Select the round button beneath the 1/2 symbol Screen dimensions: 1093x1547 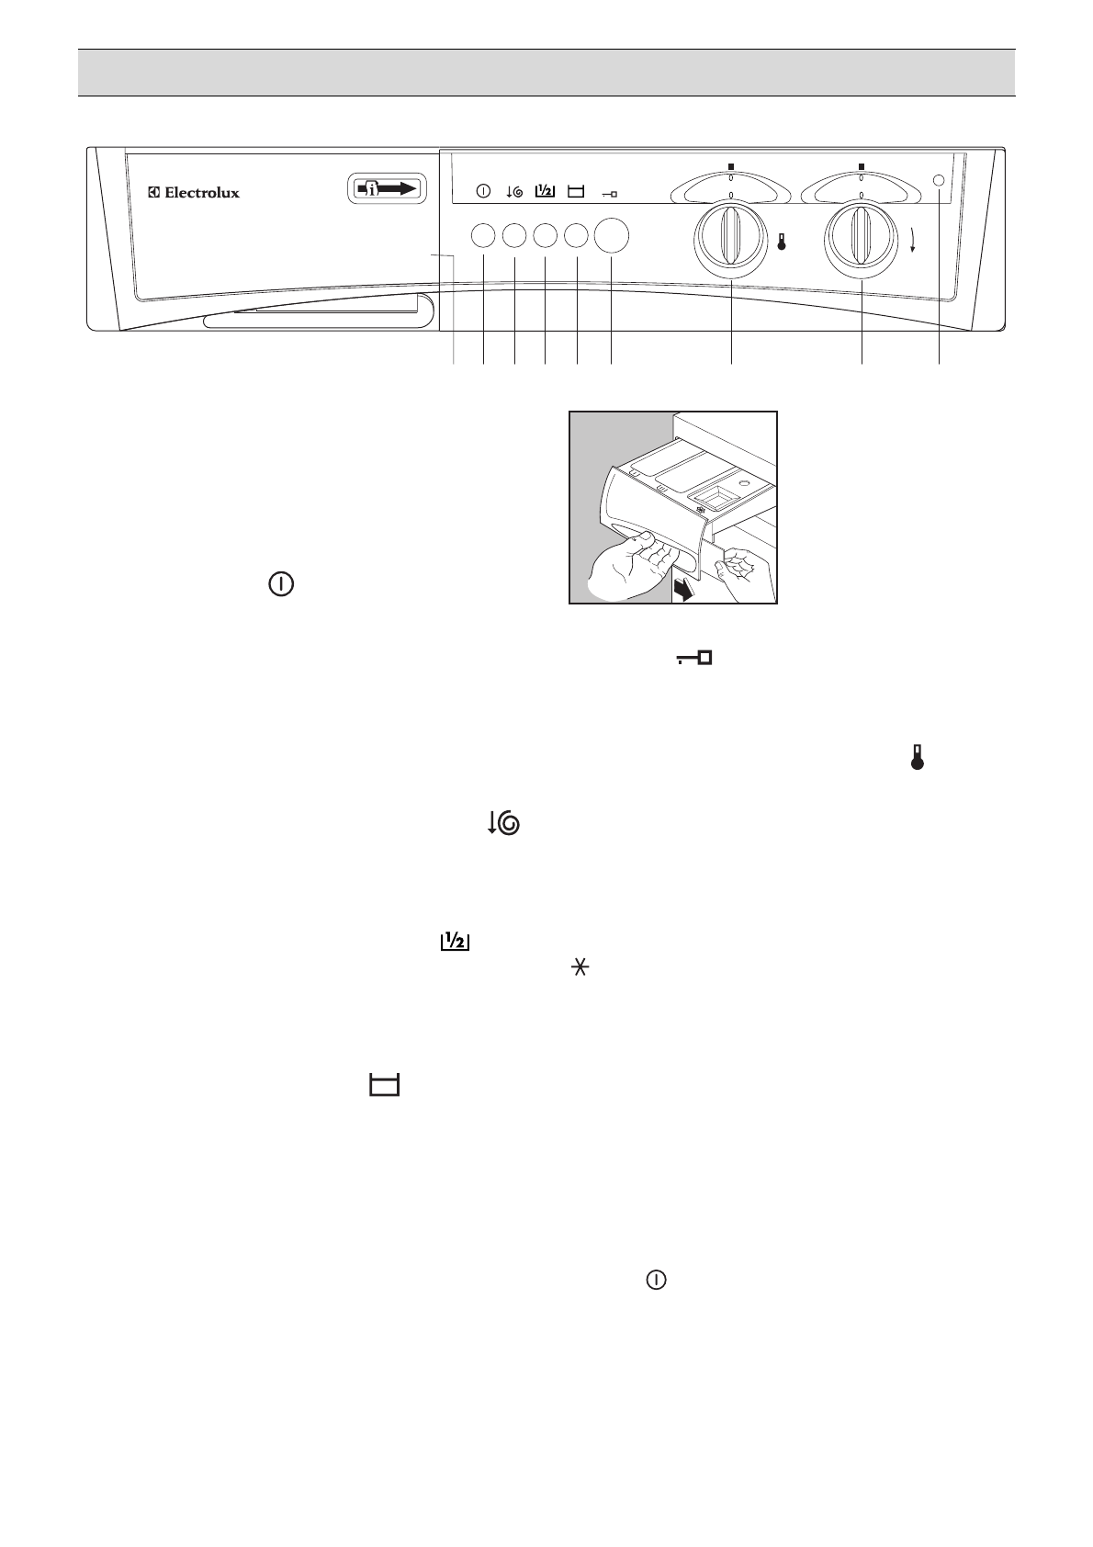point(545,236)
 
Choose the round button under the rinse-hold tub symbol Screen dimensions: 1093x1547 point(576,236)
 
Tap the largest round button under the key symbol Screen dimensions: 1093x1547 point(612,235)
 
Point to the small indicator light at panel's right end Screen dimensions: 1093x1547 point(939,181)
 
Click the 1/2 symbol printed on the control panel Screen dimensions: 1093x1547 point(545,191)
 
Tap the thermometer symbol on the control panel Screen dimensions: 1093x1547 point(782,243)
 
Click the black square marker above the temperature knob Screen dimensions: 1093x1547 point(731,166)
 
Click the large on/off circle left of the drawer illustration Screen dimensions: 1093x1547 point(282,585)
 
